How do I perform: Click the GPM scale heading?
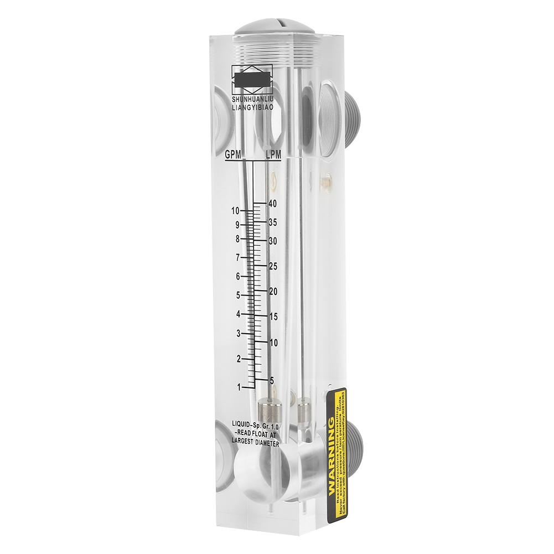(233, 156)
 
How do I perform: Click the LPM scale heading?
(273, 156)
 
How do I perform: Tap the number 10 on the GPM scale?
(236, 210)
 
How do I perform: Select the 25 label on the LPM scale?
(272, 267)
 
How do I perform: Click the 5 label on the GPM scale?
(237, 295)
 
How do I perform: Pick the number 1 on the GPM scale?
(239, 386)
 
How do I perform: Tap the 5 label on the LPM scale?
(271, 380)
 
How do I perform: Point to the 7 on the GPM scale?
(237, 257)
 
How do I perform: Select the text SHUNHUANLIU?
(253, 99)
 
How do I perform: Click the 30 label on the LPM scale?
(272, 241)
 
